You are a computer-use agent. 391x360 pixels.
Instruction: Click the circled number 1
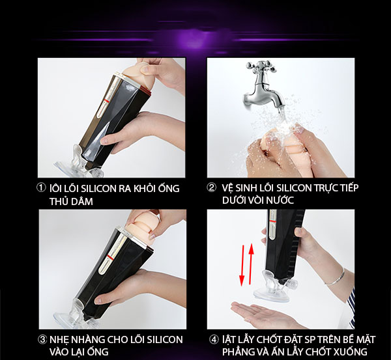(x=42, y=188)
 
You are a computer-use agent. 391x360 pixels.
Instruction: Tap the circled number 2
(x=211, y=188)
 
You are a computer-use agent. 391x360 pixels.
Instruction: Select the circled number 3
(x=42, y=340)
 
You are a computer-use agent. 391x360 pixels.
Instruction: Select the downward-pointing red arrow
(x=241, y=268)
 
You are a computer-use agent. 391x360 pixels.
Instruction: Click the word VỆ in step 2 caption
(x=227, y=188)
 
